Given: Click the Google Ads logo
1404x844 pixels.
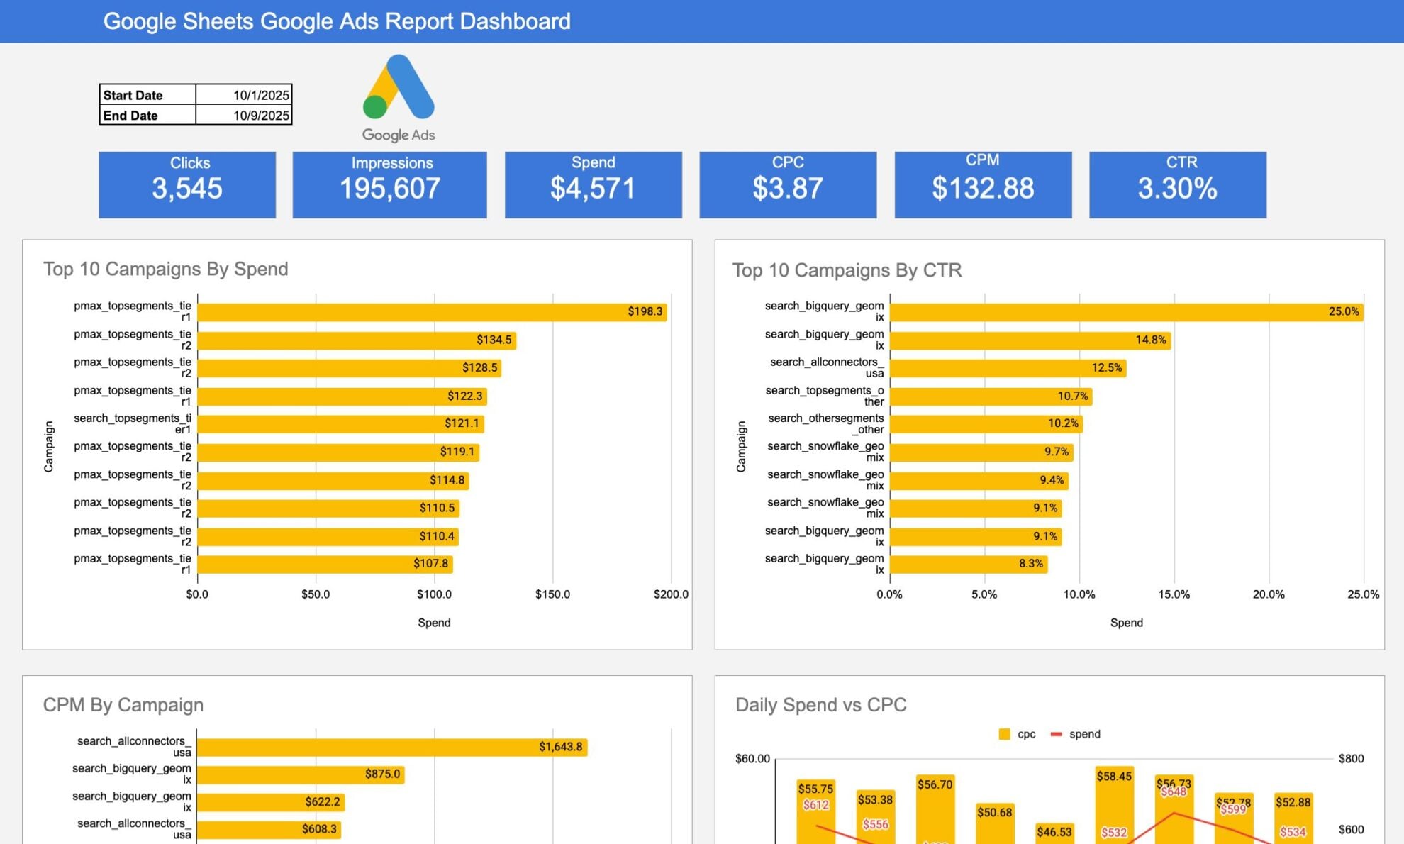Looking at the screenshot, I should [x=399, y=98].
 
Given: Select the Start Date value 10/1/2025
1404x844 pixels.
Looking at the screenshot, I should [x=243, y=95].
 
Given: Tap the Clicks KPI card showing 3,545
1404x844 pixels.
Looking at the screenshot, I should [x=187, y=184].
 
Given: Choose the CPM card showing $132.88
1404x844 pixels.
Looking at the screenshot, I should [x=983, y=184].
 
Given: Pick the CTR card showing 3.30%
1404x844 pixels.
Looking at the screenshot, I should [x=1177, y=184].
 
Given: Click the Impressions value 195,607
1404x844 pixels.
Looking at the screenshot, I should [x=390, y=189].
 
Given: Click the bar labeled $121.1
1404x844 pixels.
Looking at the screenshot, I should [x=340, y=424].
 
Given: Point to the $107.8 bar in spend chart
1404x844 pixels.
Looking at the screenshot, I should [x=325, y=565].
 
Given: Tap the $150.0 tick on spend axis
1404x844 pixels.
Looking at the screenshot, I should [x=552, y=594].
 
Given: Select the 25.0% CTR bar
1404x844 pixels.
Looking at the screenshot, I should [x=1126, y=312].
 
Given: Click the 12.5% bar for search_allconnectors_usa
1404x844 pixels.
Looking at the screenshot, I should [x=1007, y=368].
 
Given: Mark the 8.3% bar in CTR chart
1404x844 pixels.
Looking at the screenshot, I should [x=968, y=565].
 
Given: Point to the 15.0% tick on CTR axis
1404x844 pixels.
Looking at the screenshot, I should [x=1174, y=594].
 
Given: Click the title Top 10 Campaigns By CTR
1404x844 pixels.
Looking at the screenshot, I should [x=847, y=270].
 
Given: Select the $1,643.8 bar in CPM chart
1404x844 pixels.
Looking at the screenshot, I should [x=391, y=748].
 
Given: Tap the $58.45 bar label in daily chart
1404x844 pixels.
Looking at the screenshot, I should [x=1114, y=777].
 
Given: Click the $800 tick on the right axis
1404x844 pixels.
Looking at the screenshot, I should [x=1351, y=759].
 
